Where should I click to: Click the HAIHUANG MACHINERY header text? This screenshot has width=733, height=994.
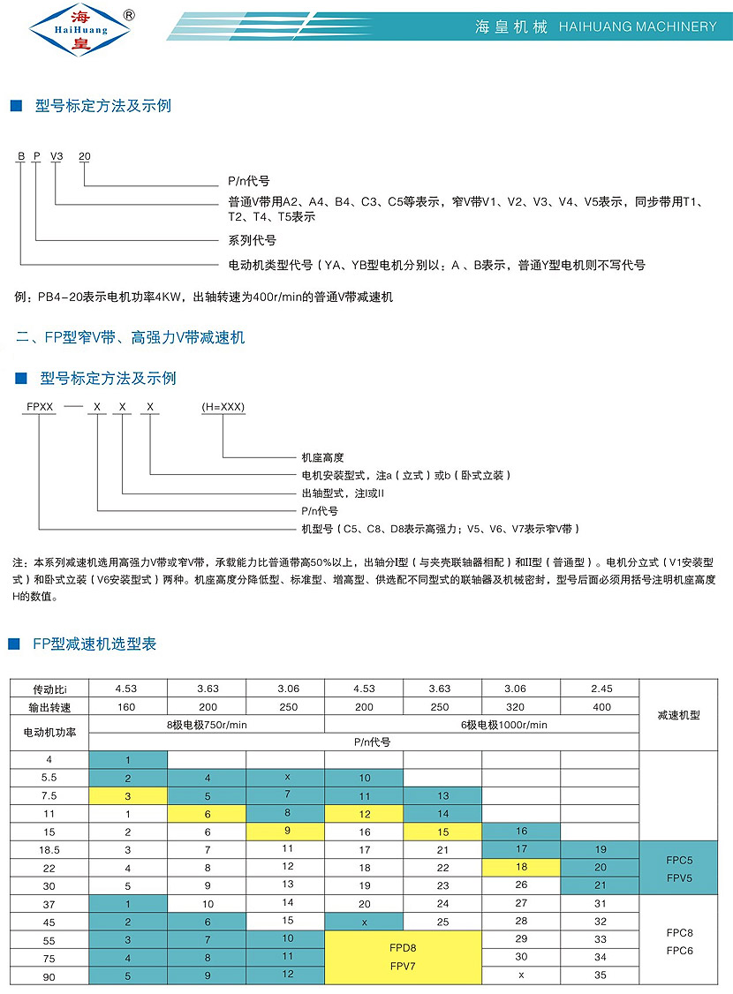(639, 26)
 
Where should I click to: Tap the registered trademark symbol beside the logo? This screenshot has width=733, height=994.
(129, 15)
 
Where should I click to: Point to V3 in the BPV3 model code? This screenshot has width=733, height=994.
(57, 156)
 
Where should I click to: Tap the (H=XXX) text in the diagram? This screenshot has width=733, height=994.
(223, 407)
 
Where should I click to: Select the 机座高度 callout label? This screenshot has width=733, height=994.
(323, 457)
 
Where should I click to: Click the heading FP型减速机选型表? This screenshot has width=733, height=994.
(94, 644)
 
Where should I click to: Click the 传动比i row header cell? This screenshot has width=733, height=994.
(49, 689)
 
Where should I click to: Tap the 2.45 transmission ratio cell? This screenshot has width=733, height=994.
(600, 689)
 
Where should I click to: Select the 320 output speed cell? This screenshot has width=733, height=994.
(521, 706)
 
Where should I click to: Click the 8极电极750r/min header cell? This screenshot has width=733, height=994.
(207, 724)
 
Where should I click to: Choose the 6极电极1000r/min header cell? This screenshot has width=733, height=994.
(481, 724)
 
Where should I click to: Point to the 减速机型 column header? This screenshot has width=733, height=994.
(678, 715)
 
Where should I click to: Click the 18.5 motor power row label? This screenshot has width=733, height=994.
(49, 848)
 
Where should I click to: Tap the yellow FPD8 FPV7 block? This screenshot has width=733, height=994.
(403, 956)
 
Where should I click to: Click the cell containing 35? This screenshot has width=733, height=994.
(600, 975)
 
